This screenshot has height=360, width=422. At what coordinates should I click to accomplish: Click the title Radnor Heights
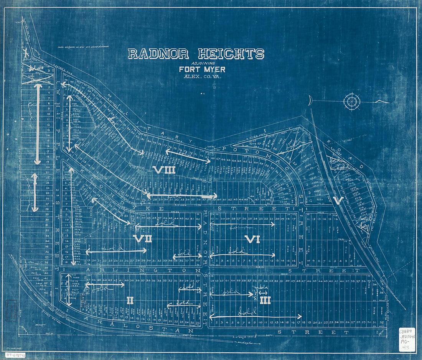click(196, 54)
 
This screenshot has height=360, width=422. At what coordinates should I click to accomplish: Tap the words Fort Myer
click(202, 69)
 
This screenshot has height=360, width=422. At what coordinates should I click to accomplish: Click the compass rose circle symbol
click(351, 102)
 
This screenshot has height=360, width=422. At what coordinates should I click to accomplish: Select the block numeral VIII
click(164, 169)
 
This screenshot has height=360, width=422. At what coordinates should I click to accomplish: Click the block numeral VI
click(252, 240)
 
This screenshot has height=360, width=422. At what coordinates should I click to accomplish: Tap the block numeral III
click(265, 301)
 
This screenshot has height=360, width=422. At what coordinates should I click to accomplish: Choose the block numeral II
click(130, 301)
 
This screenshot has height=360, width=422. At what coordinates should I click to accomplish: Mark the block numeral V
click(338, 200)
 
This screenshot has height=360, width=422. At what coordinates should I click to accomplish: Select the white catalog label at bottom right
click(406, 339)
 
